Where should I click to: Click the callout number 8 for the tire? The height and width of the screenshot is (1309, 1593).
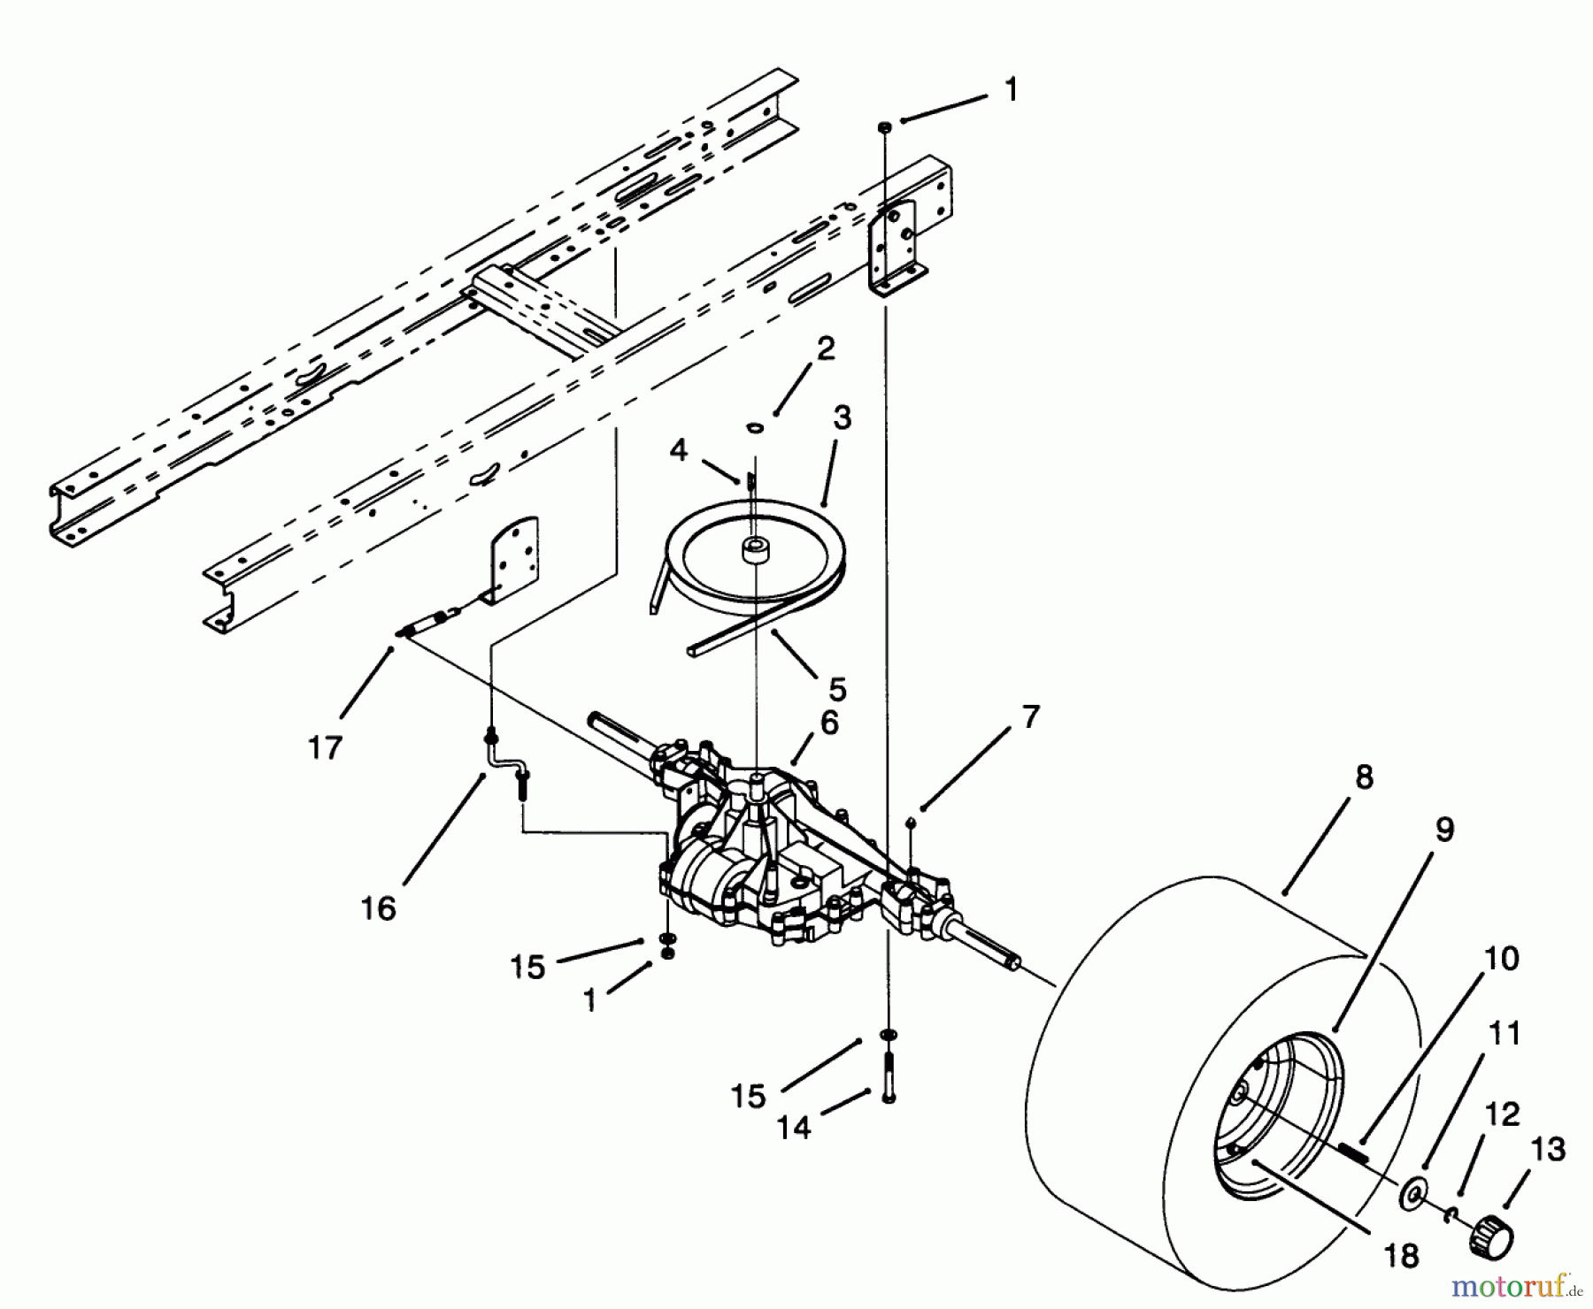[x=1364, y=777]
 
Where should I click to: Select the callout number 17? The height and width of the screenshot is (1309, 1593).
[x=325, y=747]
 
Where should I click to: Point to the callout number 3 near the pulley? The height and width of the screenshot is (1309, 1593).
[x=842, y=417]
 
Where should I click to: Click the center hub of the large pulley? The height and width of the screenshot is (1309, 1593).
[x=754, y=548]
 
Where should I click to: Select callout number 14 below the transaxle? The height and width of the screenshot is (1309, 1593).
[x=794, y=1127]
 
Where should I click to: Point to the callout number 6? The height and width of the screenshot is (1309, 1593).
[x=828, y=723]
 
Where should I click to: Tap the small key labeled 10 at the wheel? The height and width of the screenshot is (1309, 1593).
[x=1353, y=1151]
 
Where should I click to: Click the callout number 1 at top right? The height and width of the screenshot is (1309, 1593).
[x=1011, y=89]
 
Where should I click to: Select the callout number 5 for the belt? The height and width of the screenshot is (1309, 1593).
[x=837, y=688]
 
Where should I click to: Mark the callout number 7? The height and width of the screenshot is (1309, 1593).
[x=1031, y=716]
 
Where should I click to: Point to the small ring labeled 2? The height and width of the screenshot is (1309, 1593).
[x=755, y=428]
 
